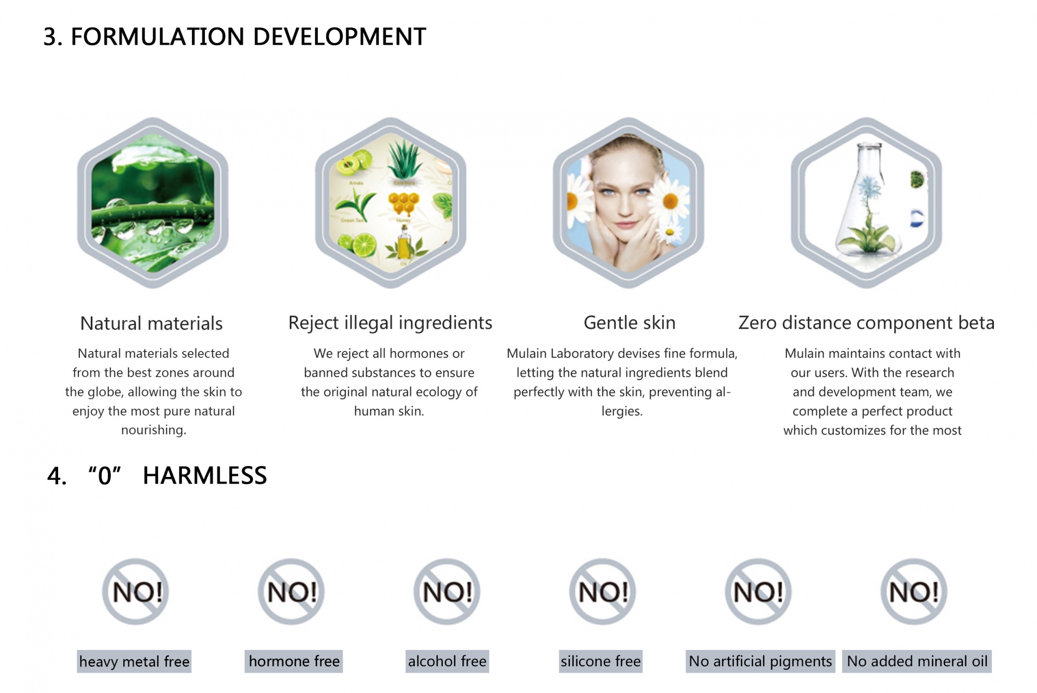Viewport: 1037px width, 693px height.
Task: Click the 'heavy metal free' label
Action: click(134, 661)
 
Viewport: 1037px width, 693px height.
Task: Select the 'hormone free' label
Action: click(294, 661)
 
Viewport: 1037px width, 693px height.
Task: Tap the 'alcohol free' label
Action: click(447, 661)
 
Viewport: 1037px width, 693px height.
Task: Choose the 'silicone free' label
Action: click(600, 661)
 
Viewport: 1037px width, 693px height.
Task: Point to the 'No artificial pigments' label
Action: click(760, 661)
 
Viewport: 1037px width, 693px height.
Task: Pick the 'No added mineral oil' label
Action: click(917, 661)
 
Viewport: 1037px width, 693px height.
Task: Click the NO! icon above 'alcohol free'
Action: click(447, 591)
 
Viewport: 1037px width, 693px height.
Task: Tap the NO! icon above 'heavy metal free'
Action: click(136, 591)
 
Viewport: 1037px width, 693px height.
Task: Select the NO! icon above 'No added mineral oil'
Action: click(914, 591)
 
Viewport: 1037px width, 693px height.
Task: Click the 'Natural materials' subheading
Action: click(151, 323)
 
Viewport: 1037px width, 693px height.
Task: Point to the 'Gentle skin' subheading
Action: click(629, 323)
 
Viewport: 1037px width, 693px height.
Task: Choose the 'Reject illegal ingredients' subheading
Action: click(390, 323)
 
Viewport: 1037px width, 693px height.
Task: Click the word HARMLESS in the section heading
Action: click(205, 475)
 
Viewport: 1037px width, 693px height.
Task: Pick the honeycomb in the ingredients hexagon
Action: click(403, 204)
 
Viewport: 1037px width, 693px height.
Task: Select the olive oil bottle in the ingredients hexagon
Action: click(404, 243)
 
